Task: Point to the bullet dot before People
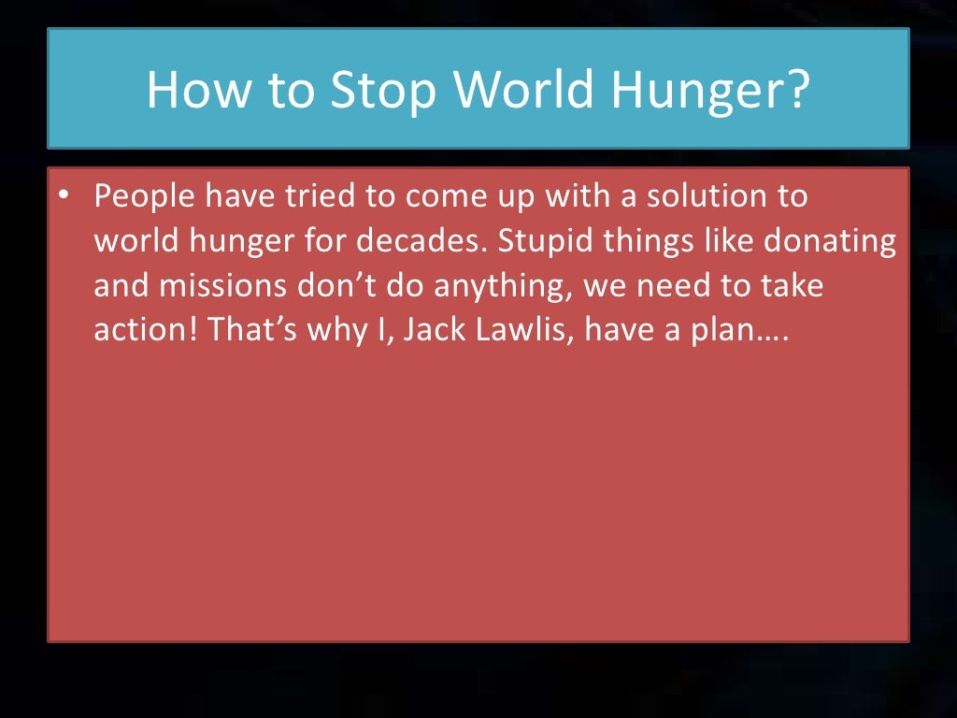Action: point(63,196)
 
